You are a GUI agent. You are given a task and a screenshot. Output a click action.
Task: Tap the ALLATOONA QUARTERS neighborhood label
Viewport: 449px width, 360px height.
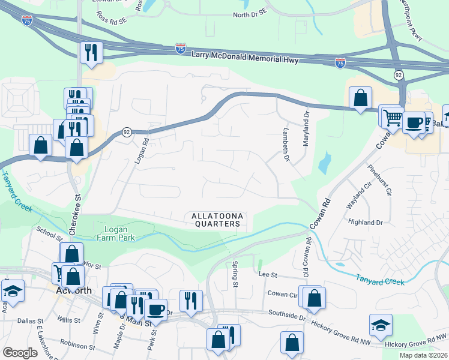coord(215,220)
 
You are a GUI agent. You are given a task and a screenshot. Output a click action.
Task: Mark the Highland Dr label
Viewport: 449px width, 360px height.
coord(366,221)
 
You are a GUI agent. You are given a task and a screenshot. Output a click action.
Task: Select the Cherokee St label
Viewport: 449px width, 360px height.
coord(77,207)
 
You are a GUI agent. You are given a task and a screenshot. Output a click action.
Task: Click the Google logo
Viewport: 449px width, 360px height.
coord(20,353)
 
